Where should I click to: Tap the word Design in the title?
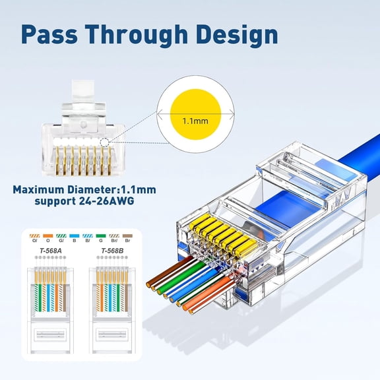click(228, 34)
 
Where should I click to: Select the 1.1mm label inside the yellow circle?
click(195, 121)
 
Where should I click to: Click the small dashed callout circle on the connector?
click(105, 142)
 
